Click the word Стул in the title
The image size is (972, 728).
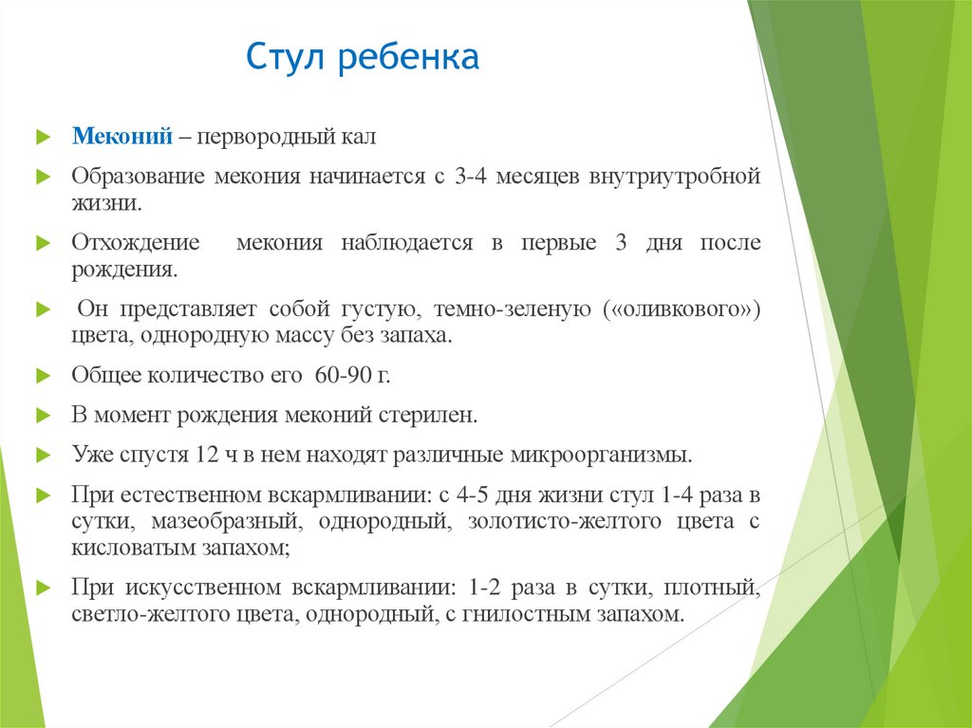[x=281, y=59]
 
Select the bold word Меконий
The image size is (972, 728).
[x=122, y=138]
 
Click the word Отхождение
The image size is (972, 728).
[x=136, y=243]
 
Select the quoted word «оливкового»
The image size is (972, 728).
[x=682, y=309]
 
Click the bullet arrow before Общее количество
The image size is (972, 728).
[x=43, y=376]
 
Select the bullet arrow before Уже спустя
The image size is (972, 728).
[x=43, y=456]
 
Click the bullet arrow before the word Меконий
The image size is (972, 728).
[x=43, y=139]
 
